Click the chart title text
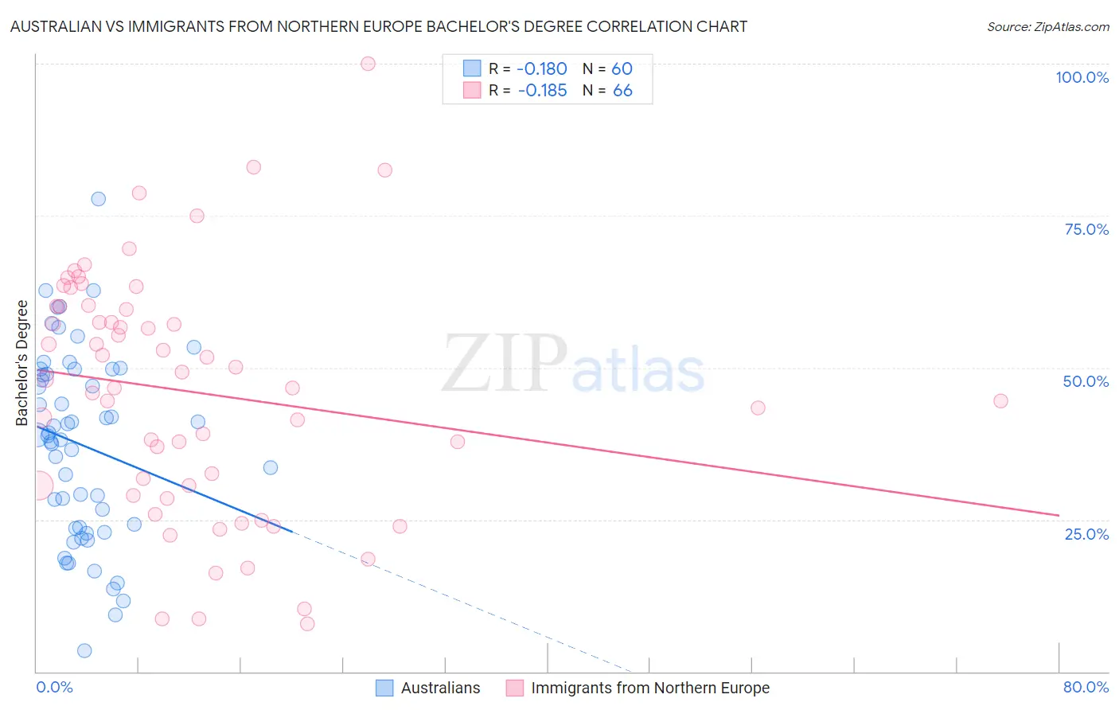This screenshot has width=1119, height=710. point(379,26)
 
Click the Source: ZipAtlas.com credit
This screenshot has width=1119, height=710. point(1047,26)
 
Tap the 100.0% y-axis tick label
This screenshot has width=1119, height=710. point(1082,77)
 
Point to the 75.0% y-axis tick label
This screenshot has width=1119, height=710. point(1086,229)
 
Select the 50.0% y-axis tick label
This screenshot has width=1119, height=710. point(1086,381)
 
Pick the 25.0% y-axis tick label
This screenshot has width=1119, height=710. point(1086,533)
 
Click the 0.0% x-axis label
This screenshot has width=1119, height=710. point(54,687)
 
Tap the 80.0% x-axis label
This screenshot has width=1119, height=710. point(1086,687)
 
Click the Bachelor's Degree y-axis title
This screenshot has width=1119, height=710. point(22,363)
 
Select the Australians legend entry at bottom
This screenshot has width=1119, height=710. point(428,688)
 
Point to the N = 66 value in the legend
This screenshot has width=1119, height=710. point(607,91)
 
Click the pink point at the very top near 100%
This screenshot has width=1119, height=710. point(368,64)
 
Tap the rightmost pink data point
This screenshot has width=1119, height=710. point(1000,401)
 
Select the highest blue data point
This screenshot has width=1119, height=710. point(99,199)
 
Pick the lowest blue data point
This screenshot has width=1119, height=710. point(84,650)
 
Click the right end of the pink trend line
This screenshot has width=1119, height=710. point(1058,515)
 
